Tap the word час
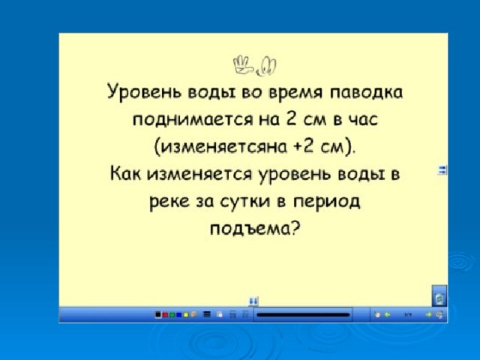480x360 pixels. click(364, 120)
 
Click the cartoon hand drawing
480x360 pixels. click(243, 64)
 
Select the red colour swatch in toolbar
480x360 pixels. click(165, 314)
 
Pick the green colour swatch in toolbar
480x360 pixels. click(172, 314)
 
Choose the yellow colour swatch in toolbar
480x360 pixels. click(185, 314)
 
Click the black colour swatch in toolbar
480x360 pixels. click(158, 314)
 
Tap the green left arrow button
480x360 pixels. click(387, 314)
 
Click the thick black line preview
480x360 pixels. click(303, 315)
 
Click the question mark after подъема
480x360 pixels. click(295, 229)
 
